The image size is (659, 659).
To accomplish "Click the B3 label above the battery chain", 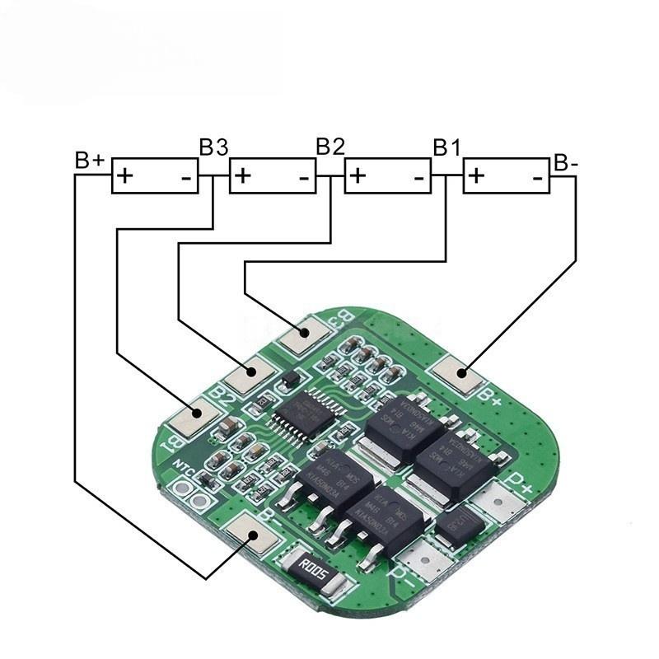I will click(x=213, y=146).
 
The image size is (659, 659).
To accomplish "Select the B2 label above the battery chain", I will click(x=330, y=146).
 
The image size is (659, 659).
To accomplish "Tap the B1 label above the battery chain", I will click(x=447, y=147).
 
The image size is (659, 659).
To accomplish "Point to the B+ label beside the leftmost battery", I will click(x=89, y=159).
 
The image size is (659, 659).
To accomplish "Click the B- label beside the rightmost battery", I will click(x=566, y=162).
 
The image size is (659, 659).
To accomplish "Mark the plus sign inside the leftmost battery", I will click(x=125, y=175).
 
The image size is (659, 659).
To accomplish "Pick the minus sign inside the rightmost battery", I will click(x=537, y=176).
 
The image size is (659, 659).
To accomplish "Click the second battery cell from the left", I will click(x=272, y=175).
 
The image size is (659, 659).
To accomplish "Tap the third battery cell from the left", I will click(x=388, y=175).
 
